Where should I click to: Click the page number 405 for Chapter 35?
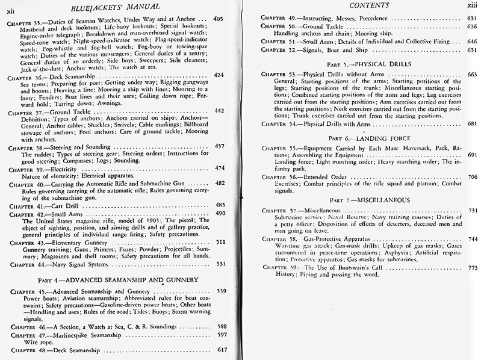coord(218,19)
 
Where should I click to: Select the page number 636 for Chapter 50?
coord(471,26)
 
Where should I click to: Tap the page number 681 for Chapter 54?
coord(471,123)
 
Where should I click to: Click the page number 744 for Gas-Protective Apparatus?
coord(471,238)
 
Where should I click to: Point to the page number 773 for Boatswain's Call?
coord(471,267)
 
